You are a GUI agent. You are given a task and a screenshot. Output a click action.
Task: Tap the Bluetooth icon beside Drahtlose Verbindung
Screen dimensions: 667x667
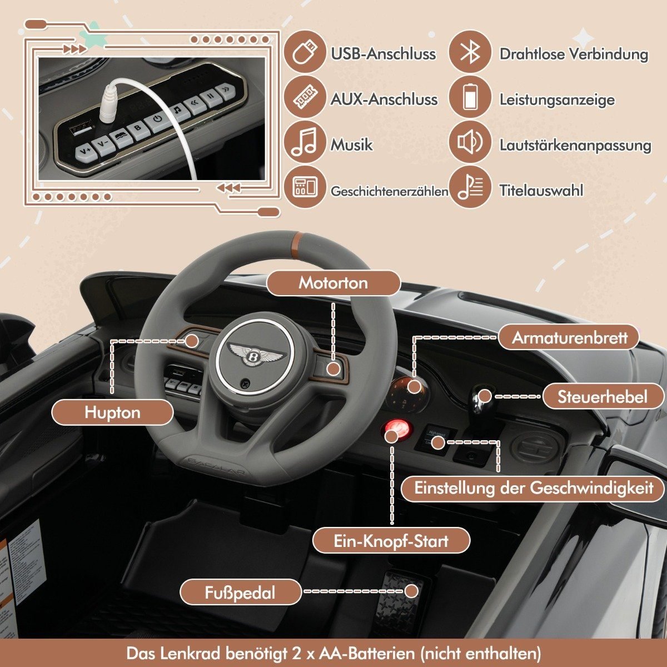pyautogui.click(x=470, y=52)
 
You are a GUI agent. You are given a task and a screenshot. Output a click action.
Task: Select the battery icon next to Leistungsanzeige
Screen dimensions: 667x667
pyautogui.click(x=470, y=98)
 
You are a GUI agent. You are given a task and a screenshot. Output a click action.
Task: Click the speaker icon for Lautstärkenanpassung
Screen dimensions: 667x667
pyautogui.click(x=470, y=143)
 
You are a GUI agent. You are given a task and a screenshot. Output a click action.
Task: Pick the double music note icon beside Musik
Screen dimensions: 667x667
pyautogui.click(x=305, y=143)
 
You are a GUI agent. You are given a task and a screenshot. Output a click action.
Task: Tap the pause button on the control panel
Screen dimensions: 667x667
pyautogui.click(x=211, y=97)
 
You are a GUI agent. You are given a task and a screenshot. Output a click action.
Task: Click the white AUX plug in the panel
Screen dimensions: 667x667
pyautogui.click(x=109, y=104)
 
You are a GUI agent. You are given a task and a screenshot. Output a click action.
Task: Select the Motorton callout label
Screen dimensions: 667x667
pyautogui.click(x=333, y=283)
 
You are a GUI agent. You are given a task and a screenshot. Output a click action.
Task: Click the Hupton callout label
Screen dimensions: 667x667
pyautogui.click(x=112, y=412)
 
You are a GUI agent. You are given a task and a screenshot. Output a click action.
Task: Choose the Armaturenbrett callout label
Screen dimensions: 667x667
pyautogui.click(x=569, y=337)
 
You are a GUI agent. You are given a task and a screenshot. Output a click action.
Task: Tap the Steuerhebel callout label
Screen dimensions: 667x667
pyautogui.click(x=603, y=397)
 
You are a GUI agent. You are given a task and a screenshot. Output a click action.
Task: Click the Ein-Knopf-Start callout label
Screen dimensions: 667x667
pyautogui.click(x=391, y=541)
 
